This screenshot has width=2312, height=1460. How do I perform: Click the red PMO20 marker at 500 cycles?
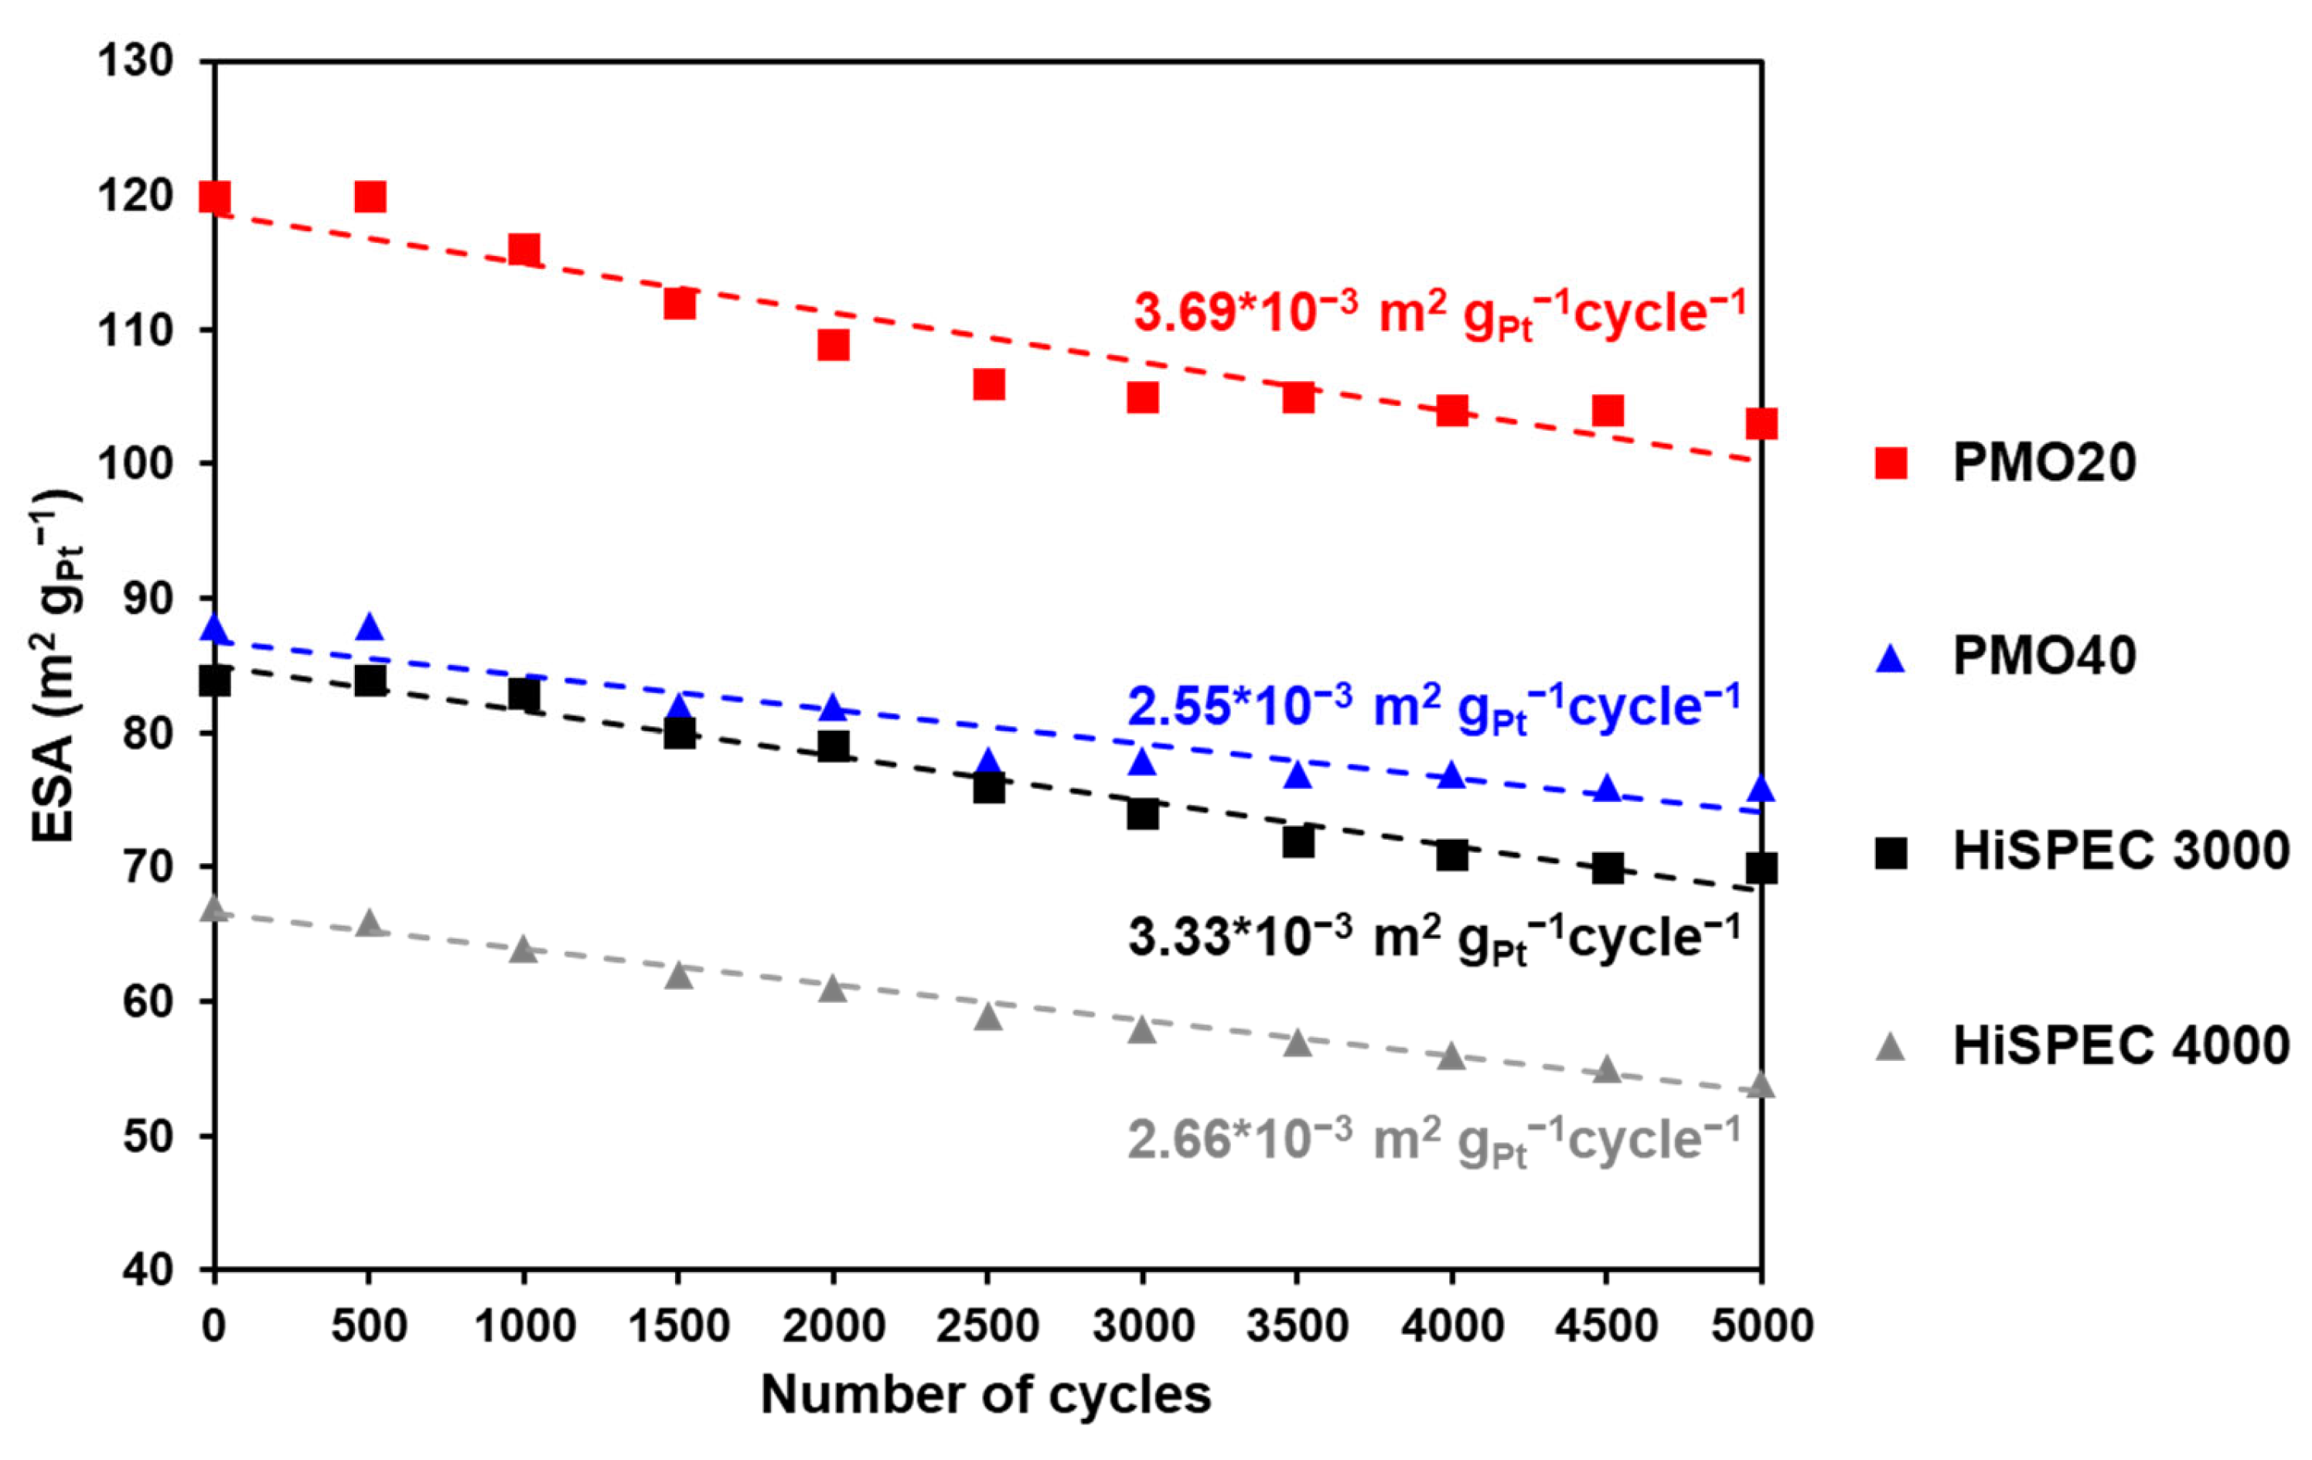[x=370, y=196]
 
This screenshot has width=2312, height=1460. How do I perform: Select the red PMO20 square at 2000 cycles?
[x=834, y=345]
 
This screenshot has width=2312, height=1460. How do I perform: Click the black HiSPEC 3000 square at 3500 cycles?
[x=1298, y=842]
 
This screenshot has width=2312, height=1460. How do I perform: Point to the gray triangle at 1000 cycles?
[x=523, y=950]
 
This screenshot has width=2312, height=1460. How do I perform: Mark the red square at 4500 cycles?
[x=1608, y=411]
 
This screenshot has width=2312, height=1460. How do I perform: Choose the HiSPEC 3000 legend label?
[x=2121, y=851]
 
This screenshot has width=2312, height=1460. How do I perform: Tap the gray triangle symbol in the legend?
[x=1891, y=1047]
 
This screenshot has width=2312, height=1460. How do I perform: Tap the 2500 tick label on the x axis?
[x=988, y=1326]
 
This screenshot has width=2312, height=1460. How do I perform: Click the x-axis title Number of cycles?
[x=986, y=1395]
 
